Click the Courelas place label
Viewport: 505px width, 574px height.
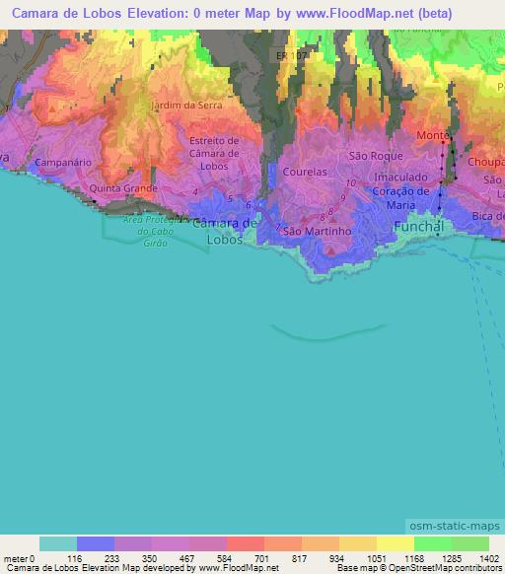click(x=305, y=171)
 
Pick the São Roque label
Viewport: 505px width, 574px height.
click(x=372, y=156)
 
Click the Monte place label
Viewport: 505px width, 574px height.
click(x=432, y=134)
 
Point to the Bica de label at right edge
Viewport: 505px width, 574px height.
click(x=487, y=215)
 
